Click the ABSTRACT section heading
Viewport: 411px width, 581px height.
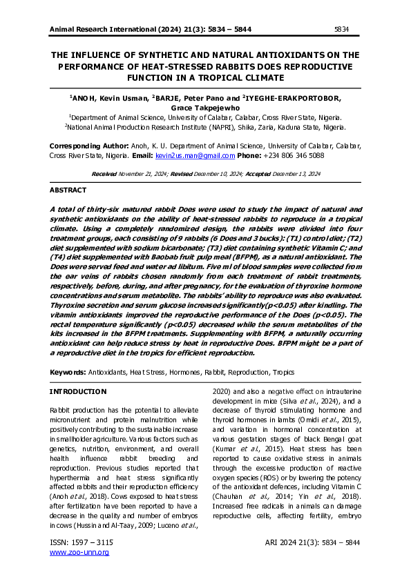tap(68, 190)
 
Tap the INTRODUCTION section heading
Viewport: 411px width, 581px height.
tap(79, 392)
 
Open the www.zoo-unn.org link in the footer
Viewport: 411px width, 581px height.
tap(79, 552)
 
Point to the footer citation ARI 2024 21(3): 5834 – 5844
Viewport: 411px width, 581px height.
tap(312, 543)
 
